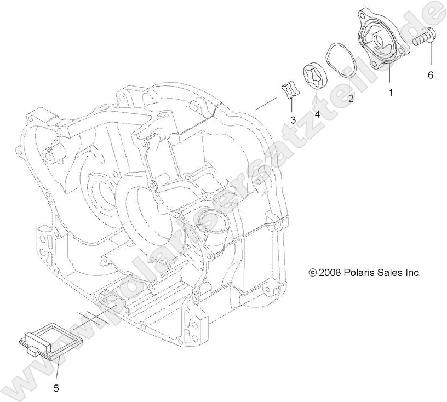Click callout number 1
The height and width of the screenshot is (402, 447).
(x=391, y=93)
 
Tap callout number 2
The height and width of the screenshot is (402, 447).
(x=351, y=99)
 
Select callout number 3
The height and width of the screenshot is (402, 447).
(x=293, y=119)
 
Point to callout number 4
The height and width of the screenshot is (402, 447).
(x=317, y=114)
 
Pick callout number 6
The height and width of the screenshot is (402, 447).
(x=431, y=75)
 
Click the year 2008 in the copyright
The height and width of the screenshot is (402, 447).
(x=329, y=272)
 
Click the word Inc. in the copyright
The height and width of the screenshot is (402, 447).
(x=412, y=272)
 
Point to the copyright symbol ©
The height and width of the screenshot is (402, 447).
(x=313, y=272)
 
